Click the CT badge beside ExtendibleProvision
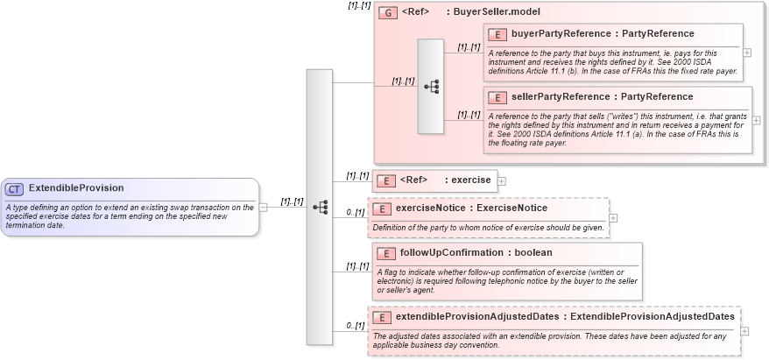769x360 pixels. (15, 188)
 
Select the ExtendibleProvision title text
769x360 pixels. (76, 188)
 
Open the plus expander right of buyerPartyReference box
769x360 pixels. (746, 53)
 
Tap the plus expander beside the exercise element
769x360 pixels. (502, 181)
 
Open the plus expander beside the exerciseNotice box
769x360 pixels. (613, 218)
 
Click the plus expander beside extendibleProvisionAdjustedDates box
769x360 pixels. (745, 331)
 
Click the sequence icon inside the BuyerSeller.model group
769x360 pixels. (431, 86)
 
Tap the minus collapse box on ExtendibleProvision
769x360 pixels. (264, 207)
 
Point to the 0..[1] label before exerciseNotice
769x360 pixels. (355, 212)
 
